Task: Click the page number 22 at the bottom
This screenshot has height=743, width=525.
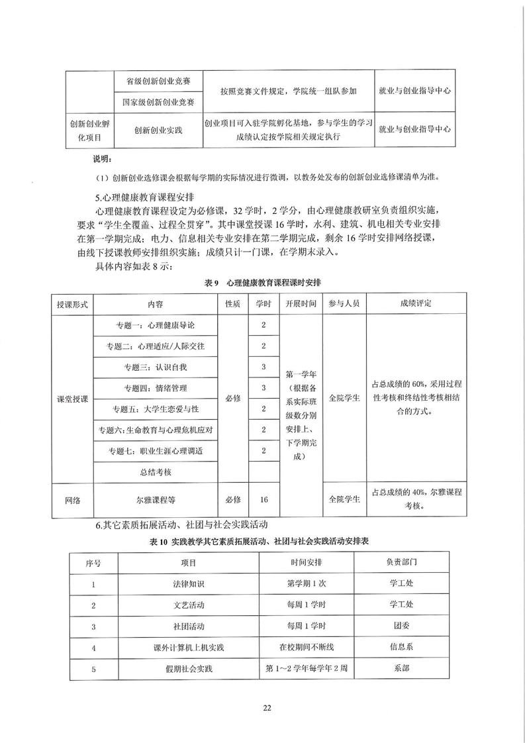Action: click(x=267, y=708)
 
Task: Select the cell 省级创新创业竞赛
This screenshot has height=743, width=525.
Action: click(x=159, y=81)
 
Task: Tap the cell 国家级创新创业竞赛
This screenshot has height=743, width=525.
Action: click(x=159, y=102)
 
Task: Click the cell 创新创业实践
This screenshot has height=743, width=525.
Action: click(x=159, y=130)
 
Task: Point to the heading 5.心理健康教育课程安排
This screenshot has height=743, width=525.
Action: click(x=144, y=197)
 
